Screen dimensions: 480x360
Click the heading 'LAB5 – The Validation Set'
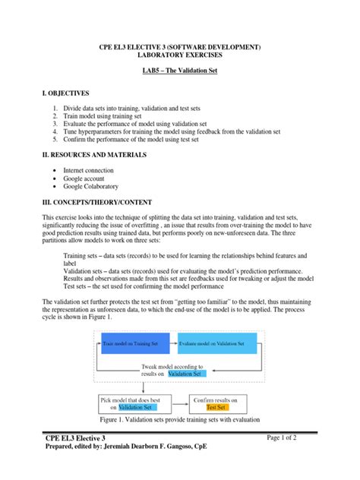[180, 71]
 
